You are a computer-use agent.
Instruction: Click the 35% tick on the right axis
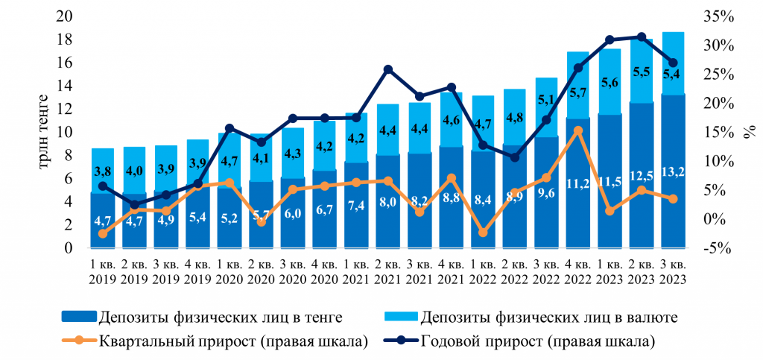point(719,16)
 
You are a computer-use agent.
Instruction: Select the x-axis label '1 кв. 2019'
point(103,271)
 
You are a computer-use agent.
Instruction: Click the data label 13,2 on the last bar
point(674,173)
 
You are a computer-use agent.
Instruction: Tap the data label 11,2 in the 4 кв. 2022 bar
point(578,181)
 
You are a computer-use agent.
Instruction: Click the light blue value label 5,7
point(578,92)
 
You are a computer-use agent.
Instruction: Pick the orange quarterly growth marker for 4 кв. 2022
point(578,130)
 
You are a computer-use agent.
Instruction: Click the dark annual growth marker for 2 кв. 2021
point(388,69)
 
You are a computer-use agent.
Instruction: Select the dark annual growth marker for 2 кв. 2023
point(642,37)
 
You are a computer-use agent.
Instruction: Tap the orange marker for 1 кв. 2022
point(483,233)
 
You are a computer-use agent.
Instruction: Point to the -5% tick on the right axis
point(719,248)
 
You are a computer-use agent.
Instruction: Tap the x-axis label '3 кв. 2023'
point(674,271)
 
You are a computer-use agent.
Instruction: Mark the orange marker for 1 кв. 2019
point(103,233)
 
